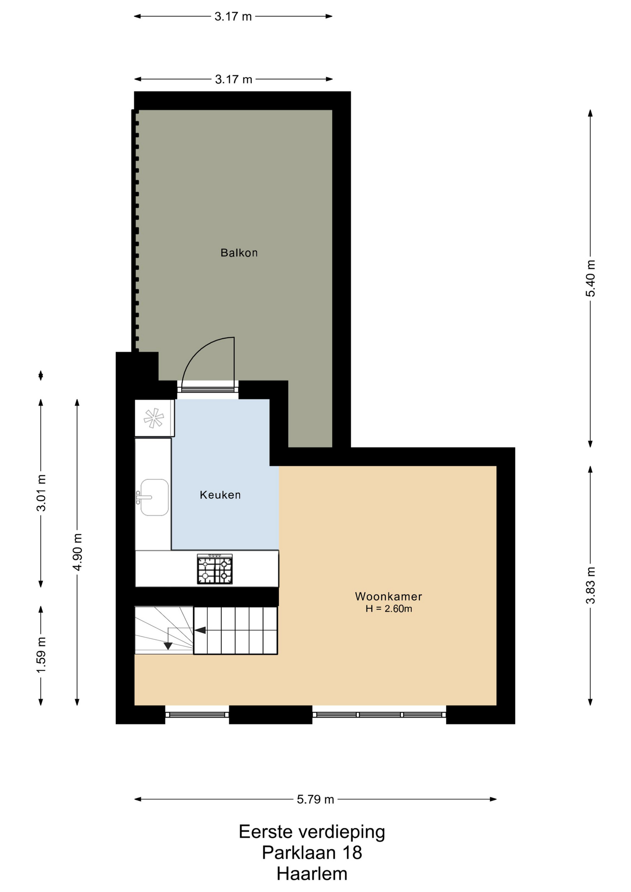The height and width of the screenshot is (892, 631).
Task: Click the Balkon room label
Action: click(x=239, y=253)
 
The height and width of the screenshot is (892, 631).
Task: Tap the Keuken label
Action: click(x=220, y=495)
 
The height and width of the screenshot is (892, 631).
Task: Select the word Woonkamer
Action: click(x=388, y=596)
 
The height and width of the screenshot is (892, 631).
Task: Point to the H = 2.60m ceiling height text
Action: click(x=388, y=609)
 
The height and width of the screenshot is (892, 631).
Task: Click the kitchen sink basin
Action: click(x=154, y=497)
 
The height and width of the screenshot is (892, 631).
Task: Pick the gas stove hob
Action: click(x=215, y=569)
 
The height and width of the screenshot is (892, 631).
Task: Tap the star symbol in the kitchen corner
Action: click(x=154, y=418)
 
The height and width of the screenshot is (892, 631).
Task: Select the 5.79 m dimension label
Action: click(x=315, y=799)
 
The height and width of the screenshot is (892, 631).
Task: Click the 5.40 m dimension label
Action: click(x=590, y=278)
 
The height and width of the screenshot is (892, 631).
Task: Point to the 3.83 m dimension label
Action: click(x=590, y=585)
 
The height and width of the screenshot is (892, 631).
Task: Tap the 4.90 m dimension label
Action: click(x=77, y=552)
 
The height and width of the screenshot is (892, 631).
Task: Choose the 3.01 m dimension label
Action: click(x=41, y=493)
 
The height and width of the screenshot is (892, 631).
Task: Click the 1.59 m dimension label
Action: click(x=41, y=654)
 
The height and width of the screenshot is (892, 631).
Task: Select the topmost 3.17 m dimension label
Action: click(x=233, y=17)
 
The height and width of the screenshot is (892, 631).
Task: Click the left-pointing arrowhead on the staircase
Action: click(x=200, y=630)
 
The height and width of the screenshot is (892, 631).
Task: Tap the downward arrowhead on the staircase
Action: click(x=168, y=646)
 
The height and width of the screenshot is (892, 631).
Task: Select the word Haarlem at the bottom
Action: click(x=312, y=874)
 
